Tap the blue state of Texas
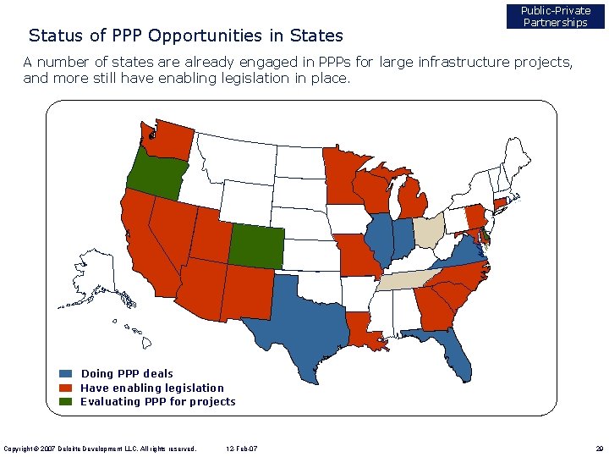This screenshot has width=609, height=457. click(300, 317)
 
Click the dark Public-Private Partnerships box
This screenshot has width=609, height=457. click(555, 17)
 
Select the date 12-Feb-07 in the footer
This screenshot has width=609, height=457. click(244, 449)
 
